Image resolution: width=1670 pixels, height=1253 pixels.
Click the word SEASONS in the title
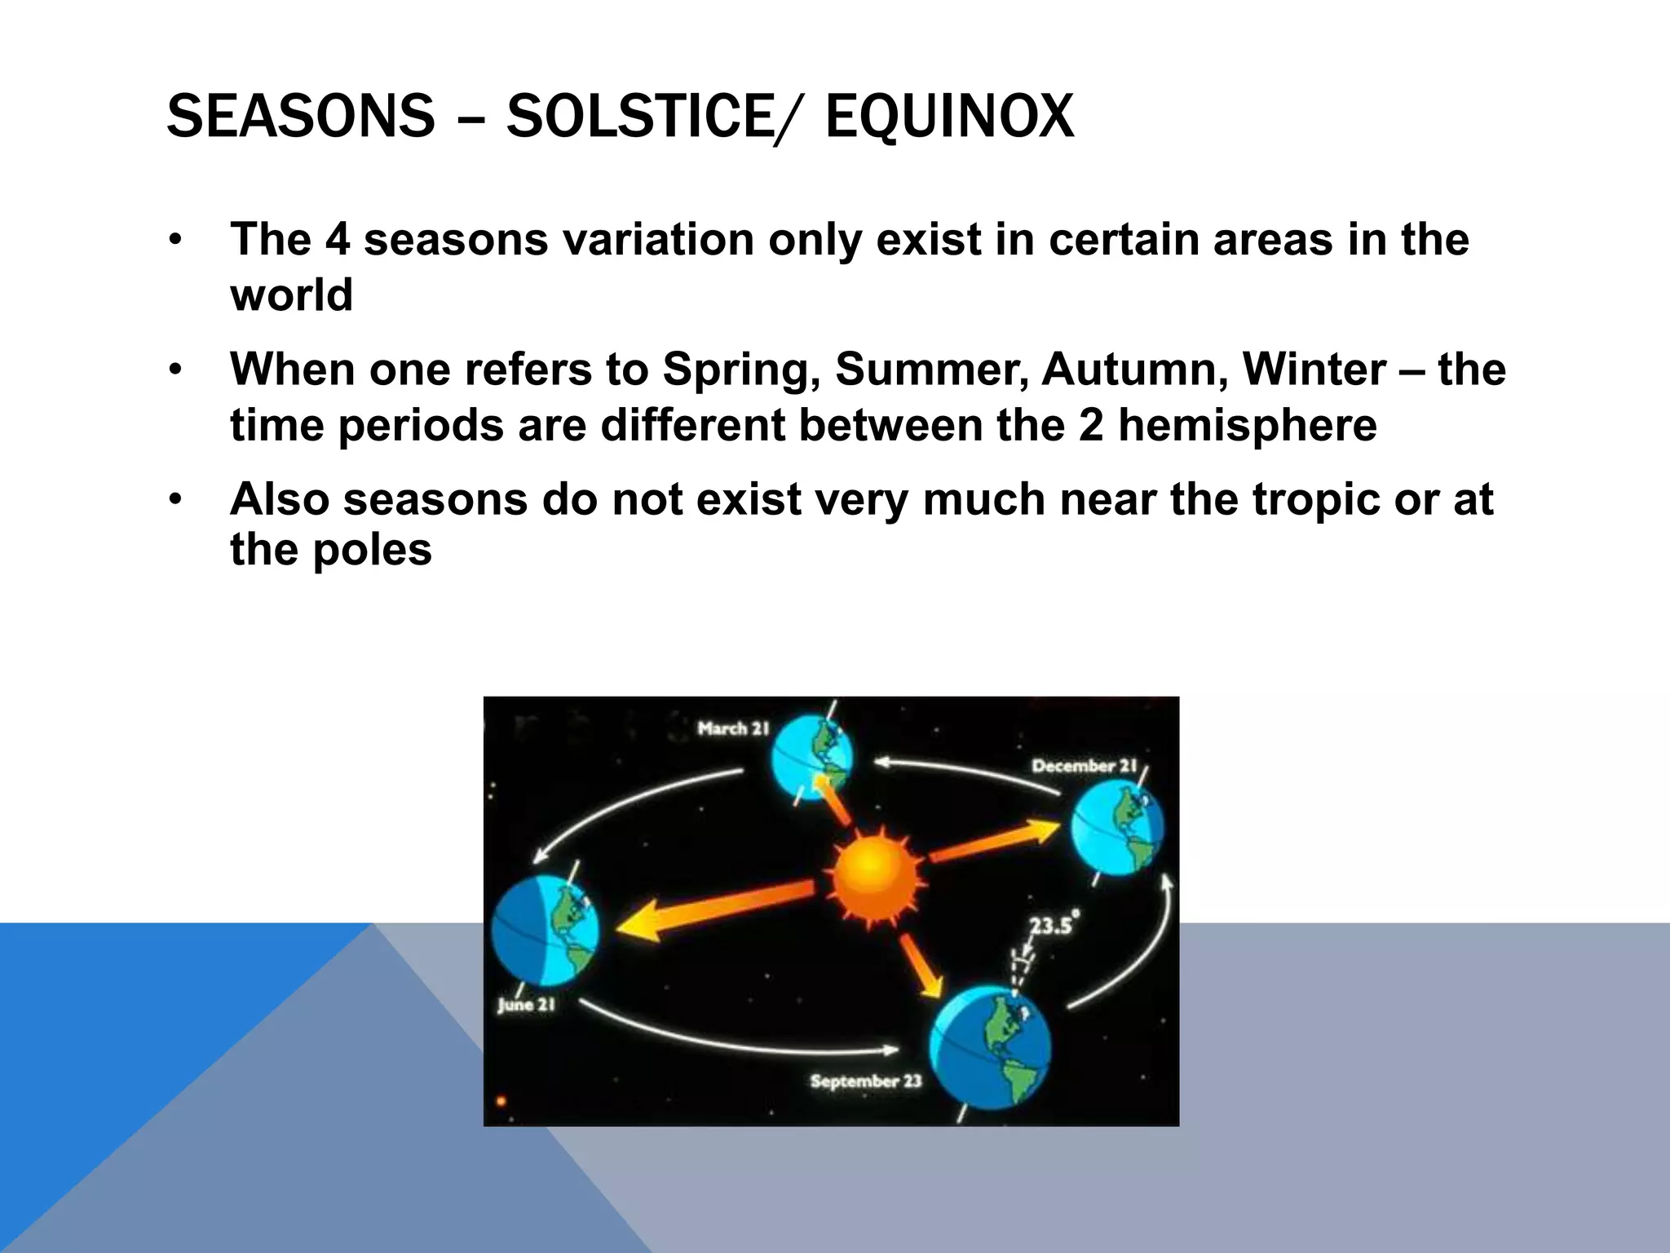click(x=300, y=116)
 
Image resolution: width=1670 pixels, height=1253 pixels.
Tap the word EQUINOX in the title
click(x=949, y=116)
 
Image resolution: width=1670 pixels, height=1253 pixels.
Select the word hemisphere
click(x=1247, y=425)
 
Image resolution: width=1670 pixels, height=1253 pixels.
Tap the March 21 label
click(x=733, y=728)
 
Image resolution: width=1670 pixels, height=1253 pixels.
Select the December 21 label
click(x=1084, y=766)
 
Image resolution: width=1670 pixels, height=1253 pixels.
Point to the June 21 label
click(x=526, y=1005)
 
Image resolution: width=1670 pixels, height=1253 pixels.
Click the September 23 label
click(x=865, y=1082)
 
